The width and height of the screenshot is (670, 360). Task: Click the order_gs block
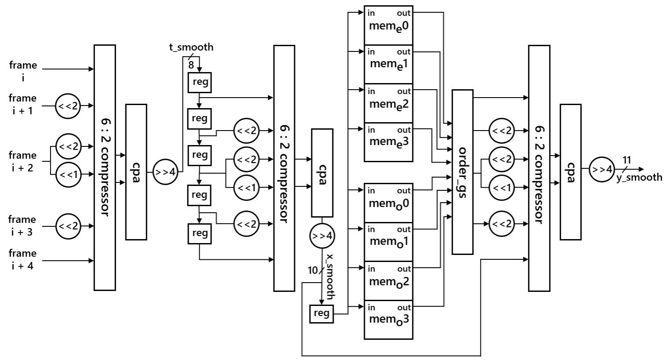(462, 172)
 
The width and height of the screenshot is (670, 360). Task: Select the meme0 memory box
(389, 25)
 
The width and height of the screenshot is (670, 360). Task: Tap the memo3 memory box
(389, 319)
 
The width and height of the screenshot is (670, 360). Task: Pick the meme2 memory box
(389, 103)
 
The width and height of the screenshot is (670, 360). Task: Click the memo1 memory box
(389, 241)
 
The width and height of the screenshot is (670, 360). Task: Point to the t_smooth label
(191, 47)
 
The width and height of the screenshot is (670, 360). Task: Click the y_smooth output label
(639, 177)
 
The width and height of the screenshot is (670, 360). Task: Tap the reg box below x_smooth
(321, 313)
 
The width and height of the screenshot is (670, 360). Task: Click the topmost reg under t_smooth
(200, 83)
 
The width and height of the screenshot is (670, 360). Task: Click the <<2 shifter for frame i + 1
(68, 106)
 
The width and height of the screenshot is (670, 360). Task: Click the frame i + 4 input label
(22, 259)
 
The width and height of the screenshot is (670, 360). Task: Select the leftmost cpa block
(136, 172)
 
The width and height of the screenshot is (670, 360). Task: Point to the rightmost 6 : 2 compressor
(539, 168)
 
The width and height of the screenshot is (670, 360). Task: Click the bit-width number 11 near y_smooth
(627, 160)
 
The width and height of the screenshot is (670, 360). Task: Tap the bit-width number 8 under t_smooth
(191, 65)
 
